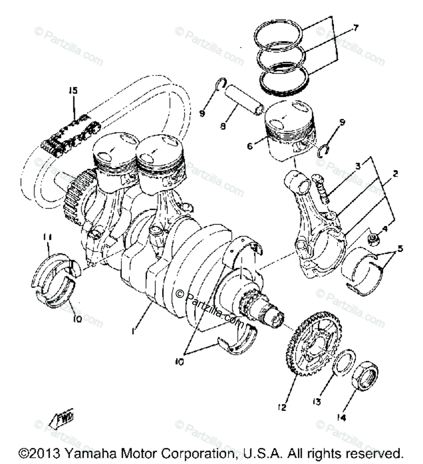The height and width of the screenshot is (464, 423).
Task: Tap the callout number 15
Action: coord(74,91)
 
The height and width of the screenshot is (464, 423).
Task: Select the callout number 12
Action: coord(282,407)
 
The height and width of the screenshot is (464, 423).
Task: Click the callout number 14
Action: coord(341,418)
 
